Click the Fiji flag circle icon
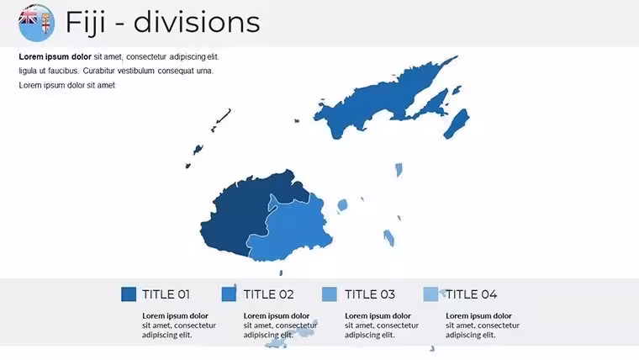point(36,23)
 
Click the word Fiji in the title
point(86,23)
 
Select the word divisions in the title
point(197,22)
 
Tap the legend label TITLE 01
point(166,294)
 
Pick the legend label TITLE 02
point(268,294)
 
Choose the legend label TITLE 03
point(370,294)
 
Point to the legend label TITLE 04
point(472,294)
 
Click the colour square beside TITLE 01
point(129,294)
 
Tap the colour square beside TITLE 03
point(330,294)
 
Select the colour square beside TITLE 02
point(229,294)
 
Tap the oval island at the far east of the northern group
point(457,124)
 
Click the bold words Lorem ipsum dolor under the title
point(55,56)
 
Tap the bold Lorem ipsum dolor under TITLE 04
point(478,315)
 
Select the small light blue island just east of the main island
point(342,205)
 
